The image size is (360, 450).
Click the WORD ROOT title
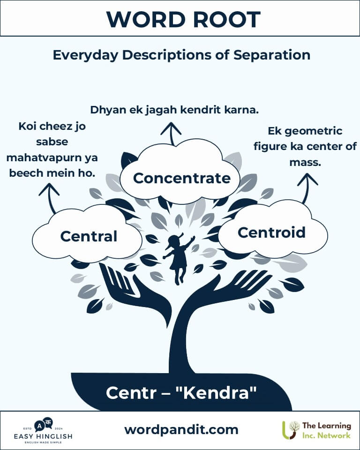pyautogui.click(x=183, y=19)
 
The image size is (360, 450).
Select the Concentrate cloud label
pyautogui.click(x=181, y=178)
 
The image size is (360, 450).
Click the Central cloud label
pyautogui.click(x=89, y=236)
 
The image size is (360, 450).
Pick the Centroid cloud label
pyautogui.click(x=271, y=232)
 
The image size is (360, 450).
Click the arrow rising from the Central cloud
pyautogui.click(x=50, y=197)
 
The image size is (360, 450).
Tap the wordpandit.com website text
pyautogui.click(x=181, y=429)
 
